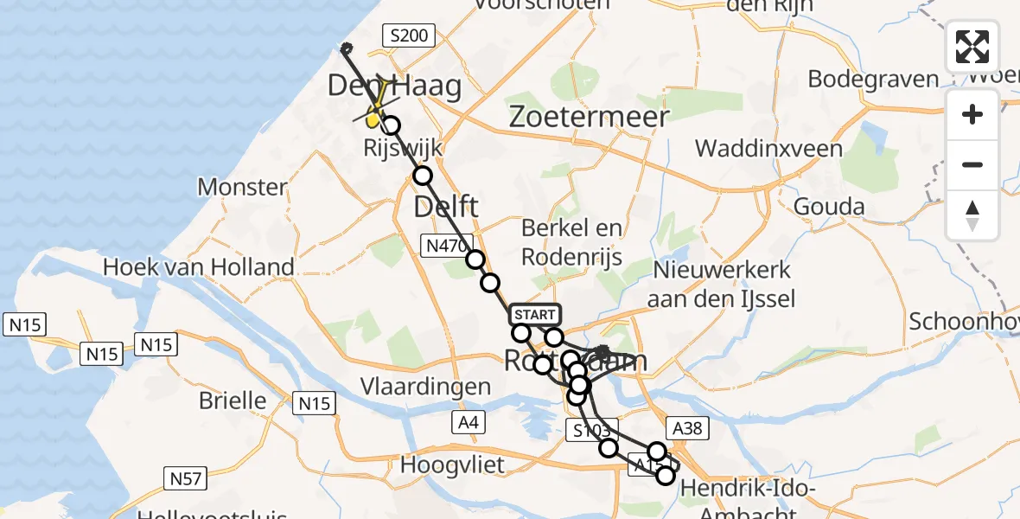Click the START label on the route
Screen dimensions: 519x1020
pos(535,315)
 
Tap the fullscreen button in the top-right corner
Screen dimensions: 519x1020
pos(972,47)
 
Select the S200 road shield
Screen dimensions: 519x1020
pos(409,36)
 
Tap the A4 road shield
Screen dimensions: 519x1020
pos(468,422)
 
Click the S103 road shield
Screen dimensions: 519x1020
pos(592,430)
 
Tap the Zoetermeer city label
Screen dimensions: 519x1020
pos(590,117)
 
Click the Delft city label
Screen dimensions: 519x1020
pos(445,207)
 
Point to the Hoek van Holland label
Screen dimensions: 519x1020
pos(199,266)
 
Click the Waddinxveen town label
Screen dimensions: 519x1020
pos(768,149)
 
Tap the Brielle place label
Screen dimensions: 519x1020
pos(233,400)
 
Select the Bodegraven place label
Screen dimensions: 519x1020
pos(873,80)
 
